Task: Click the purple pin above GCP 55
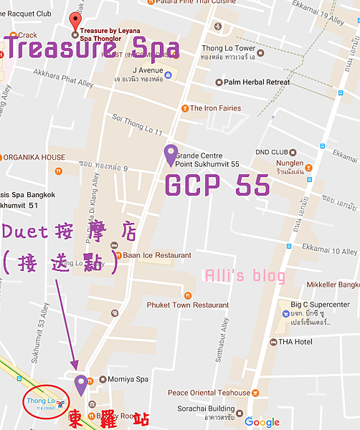click(170, 154)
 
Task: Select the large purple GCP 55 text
click(217, 186)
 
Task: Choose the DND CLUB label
click(272, 152)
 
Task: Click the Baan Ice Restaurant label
click(145, 255)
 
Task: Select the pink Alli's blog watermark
click(245, 276)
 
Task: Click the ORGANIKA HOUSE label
click(34, 158)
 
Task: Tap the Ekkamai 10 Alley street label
click(329, 252)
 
